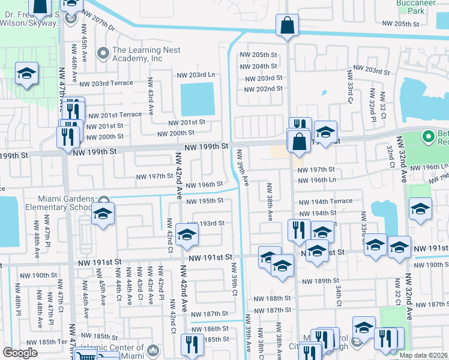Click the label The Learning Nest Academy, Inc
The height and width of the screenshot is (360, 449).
137,55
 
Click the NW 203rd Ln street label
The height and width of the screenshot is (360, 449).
196,75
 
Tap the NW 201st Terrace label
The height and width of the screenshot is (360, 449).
115,115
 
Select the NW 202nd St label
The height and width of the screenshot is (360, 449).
264,89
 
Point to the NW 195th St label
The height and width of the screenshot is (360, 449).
205,200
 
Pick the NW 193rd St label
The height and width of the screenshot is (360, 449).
206,223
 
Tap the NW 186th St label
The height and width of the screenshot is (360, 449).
205,329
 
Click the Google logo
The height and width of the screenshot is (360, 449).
20,353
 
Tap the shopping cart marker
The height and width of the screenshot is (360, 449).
87,355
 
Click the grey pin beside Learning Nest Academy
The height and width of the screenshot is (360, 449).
104,54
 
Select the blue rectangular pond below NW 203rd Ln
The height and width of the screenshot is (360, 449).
197,99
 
